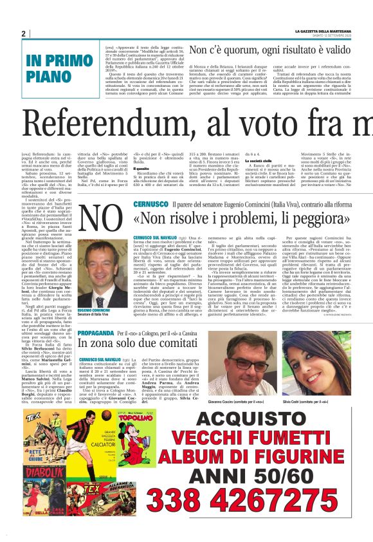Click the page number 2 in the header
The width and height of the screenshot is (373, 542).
[x=23, y=33]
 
